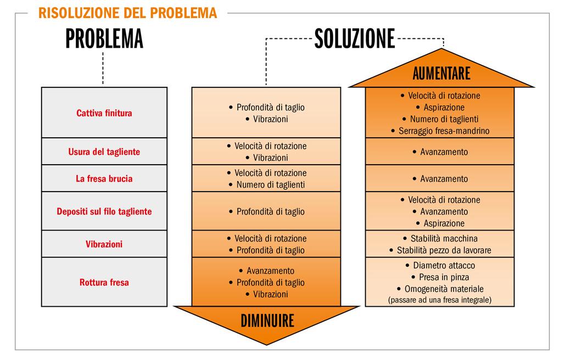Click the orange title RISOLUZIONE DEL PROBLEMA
click(127, 13)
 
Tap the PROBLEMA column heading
click(104, 39)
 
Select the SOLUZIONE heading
click(355, 39)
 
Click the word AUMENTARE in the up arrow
click(441, 74)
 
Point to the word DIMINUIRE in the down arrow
click(267, 320)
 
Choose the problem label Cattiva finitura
click(104, 113)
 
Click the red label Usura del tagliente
click(104, 151)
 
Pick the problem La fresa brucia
click(104, 178)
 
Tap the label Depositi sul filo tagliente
click(104, 211)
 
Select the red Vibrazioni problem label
click(104, 244)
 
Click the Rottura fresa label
click(104, 282)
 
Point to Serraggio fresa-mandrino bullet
click(440, 131)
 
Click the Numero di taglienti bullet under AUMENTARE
click(440, 119)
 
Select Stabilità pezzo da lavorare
click(440, 250)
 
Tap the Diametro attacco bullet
click(440, 265)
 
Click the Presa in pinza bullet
click(440, 277)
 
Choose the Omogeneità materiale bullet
click(440, 289)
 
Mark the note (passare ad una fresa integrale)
click(440, 300)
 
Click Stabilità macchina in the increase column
click(440, 238)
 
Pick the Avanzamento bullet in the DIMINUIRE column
click(267, 271)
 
